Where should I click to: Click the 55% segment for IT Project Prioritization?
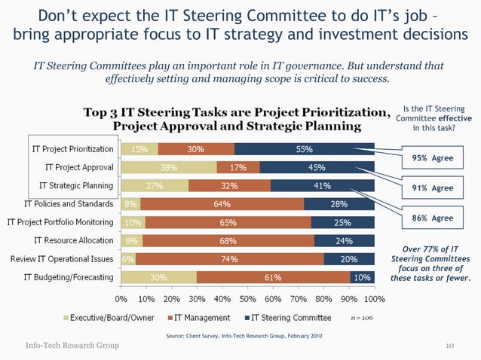click(305, 149)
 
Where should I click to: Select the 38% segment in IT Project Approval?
click(169, 167)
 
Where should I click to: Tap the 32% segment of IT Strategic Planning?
click(229, 185)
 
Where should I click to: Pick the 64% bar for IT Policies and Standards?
click(222, 203)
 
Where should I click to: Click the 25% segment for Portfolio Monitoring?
click(342, 222)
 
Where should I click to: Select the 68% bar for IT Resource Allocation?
click(228, 241)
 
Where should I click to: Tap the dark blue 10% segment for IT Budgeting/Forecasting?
click(362, 277)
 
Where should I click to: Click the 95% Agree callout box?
click(432, 158)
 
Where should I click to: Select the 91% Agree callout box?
click(432, 188)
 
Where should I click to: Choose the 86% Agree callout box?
click(432, 218)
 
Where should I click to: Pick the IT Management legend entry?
click(206, 318)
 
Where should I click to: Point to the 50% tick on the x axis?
click(248, 298)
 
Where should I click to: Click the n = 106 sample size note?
click(362, 318)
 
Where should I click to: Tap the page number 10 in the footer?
click(449, 346)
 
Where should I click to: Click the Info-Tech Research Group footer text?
click(72, 346)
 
